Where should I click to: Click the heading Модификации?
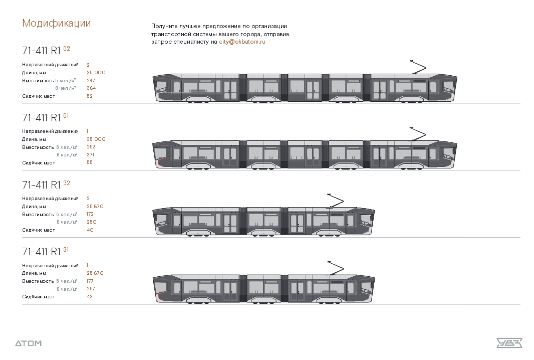[56, 23]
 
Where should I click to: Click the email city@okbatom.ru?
[242, 42]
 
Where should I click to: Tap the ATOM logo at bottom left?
[28, 343]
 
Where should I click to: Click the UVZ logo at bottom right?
[509, 343]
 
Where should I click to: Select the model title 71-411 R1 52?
[46, 50]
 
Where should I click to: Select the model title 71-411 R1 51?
[45, 117]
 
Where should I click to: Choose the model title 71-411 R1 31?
[45, 251]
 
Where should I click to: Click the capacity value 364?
[91, 88]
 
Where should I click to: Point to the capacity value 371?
[90, 155]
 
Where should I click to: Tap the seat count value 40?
[90, 230]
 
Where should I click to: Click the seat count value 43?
[90, 297]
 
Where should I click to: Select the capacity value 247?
[91, 80]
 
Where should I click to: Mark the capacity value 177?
[90, 281]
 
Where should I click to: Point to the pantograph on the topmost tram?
[418, 68]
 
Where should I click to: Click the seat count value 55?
[90, 162]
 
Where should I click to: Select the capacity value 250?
[91, 222]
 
